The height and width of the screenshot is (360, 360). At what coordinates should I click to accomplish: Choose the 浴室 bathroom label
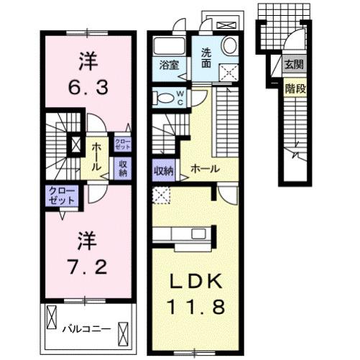[169, 63]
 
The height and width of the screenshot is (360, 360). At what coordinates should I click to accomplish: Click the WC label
[180, 97]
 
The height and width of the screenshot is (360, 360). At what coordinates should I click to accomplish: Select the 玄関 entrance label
[293, 64]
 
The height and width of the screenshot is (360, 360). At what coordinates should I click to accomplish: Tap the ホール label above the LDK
[205, 168]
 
